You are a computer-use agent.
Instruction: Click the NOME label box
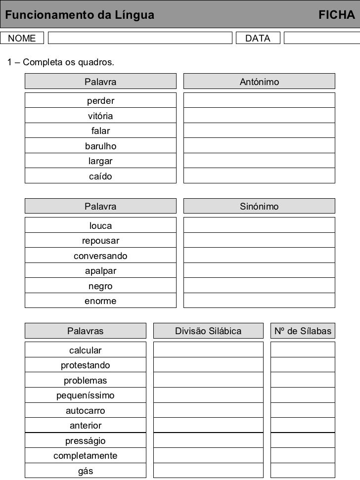pyautogui.click(x=22, y=38)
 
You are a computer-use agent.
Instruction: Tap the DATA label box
pyautogui.click(x=258, y=38)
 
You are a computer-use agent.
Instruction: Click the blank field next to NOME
pyautogui.click(x=139, y=38)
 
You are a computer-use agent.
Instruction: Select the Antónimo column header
pyautogui.click(x=259, y=82)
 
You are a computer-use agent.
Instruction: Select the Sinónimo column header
pyautogui.click(x=259, y=206)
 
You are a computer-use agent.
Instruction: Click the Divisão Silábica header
pyautogui.click(x=208, y=331)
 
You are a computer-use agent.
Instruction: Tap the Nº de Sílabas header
pyautogui.click(x=303, y=331)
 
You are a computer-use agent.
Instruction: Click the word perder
pyautogui.click(x=100, y=101)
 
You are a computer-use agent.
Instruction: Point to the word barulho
pyautogui.click(x=100, y=146)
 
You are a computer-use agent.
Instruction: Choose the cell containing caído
pyautogui.click(x=100, y=176)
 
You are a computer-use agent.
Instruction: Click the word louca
pyautogui.click(x=100, y=226)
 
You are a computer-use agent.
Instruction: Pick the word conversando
pyautogui.click(x=100, y=256)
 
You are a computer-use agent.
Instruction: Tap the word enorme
pyautogui.click(x=100, y=301)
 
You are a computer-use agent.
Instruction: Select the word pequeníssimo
pyautogui.click(x=86, y=395)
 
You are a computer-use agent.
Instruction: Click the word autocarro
pyautogui.click(x=86, y=411)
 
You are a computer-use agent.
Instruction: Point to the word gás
pyautogui.click(x=86, y=471)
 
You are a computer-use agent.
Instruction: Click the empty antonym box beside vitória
pyautogui.click(x=259, y=116)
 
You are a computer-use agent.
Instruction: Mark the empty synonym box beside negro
pyautogui.click(x=259, y=286)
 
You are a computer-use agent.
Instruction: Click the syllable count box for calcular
pyautogui.click(x=303, y=350)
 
